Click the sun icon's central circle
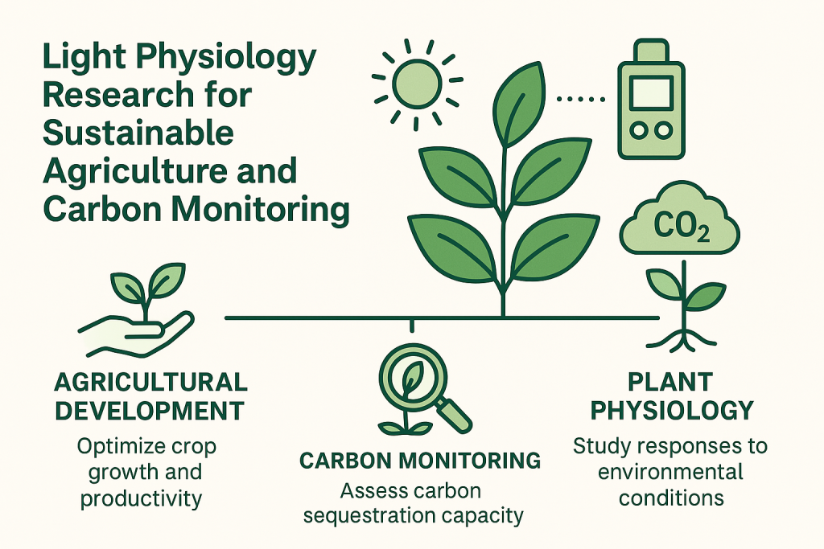point(418,84)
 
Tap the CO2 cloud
point(679,219)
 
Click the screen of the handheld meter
point(651,93)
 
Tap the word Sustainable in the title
point(138,133)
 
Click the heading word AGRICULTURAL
point(150,382)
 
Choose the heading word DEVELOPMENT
point(150,411)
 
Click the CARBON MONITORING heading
point(420,461)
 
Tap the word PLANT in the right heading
point(670,382)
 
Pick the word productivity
point(141,498)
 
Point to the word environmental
point(670,472)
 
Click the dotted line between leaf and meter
point(581,99)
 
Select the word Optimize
point(115,447)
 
